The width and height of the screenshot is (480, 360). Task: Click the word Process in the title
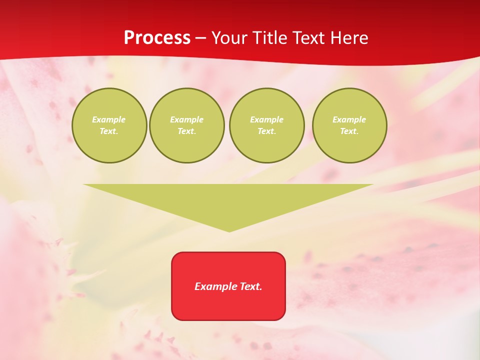click(157, 38)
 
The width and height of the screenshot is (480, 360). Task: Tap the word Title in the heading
click(270, 38)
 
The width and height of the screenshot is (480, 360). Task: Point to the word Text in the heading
click(308, 38)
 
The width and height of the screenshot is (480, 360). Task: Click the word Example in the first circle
click(109, 119)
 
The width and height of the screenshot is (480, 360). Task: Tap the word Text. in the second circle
click(187, 131)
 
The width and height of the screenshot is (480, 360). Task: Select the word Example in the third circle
click(266, 119)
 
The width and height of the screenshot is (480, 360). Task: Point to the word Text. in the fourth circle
click(349, 131)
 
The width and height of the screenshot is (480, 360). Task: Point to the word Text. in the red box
click(251, 286)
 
